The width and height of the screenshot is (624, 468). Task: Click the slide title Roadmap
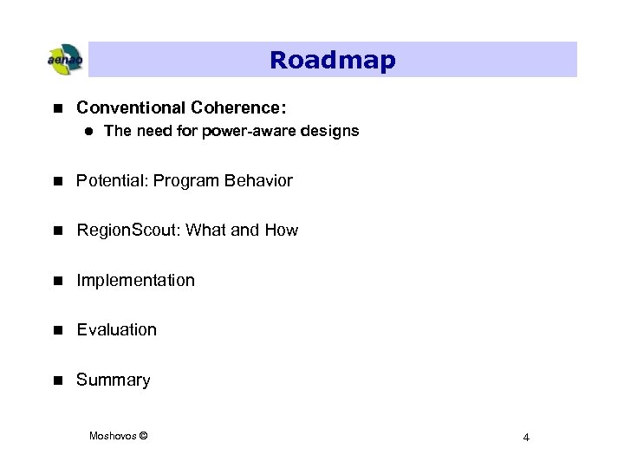click(332, 60)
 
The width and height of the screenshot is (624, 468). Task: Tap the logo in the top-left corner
click(64, 60)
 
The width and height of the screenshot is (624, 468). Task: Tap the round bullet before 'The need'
click(88, 132)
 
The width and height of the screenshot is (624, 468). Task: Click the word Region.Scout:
click(129, 231)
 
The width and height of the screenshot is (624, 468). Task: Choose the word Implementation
click(135, 280)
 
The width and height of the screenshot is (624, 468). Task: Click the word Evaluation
click(117, 329)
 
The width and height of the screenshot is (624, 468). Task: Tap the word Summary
click(114, 380)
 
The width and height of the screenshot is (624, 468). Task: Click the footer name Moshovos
click(112, 435)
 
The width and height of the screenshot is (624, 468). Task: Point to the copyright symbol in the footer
click(143, 435)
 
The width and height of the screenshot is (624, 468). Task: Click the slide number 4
click(526, 437)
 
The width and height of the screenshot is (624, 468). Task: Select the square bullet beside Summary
click(57, 380)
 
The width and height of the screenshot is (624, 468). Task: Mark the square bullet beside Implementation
click(57, 280)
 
